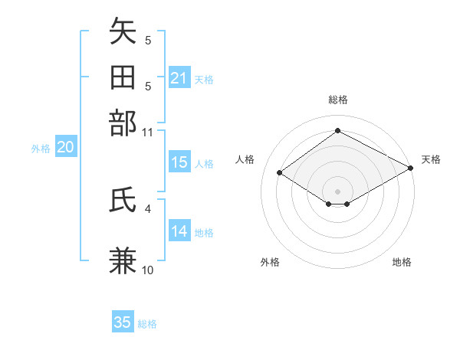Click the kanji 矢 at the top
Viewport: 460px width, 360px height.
(123, 33)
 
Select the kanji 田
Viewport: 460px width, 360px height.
(123, 77)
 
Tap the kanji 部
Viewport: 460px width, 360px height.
(123, 123)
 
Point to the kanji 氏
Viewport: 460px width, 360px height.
(123, 201)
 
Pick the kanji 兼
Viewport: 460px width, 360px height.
(123, 260)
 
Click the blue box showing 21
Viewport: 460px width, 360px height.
(179, 78)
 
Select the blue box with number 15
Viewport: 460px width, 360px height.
(179, 162)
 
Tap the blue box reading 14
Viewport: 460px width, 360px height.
(179, 231)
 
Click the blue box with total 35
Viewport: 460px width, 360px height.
(123, 322)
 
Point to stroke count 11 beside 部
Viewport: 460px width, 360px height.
(148, 132)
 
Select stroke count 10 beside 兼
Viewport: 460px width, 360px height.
(148, 270)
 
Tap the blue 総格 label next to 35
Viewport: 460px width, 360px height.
(147, 324)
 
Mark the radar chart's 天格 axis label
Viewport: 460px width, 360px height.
(431, 159)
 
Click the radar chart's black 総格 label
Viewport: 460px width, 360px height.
(337, 100)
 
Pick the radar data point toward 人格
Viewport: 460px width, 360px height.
(280, 173)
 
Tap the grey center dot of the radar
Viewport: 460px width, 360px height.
(337, 190)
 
